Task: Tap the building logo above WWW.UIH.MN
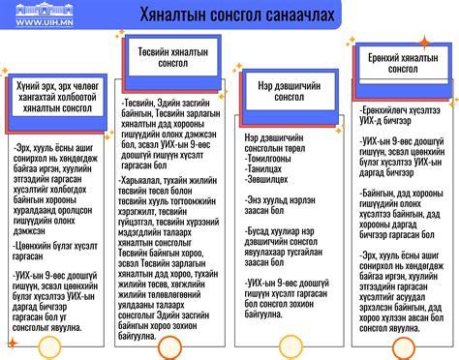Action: click(x=40, y=10)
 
